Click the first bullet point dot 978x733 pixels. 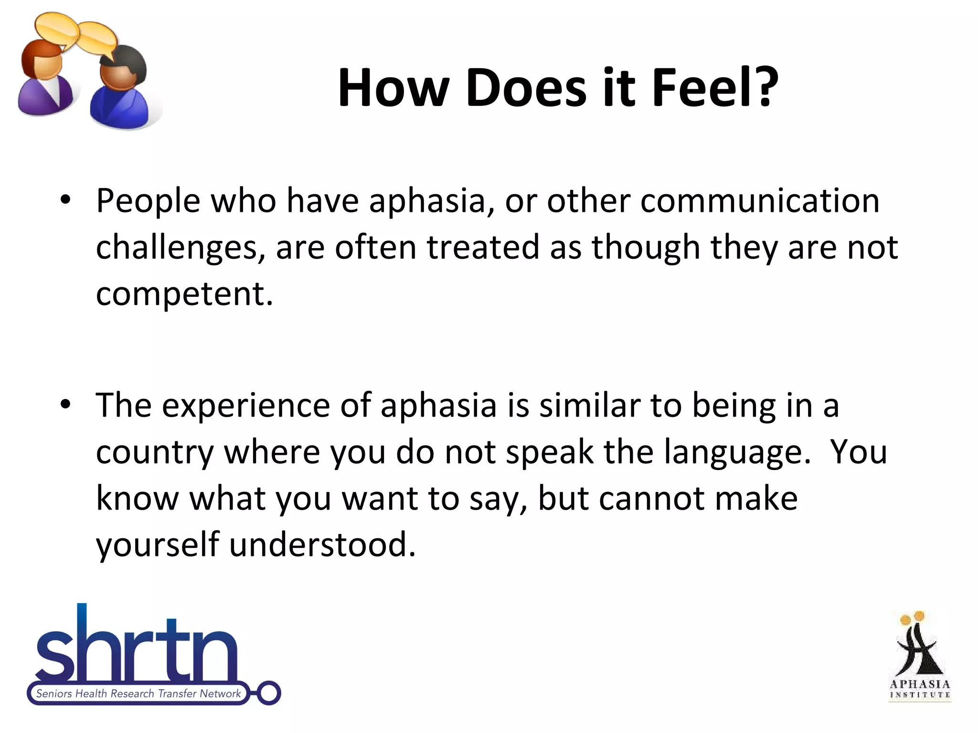(65, 200)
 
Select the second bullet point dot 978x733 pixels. (65, 405)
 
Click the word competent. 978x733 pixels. (184, 294)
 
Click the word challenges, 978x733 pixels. (181, 248)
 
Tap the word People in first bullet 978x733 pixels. (148, 201)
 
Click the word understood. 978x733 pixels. (322, 545)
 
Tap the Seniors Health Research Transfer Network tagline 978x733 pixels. (138, 693)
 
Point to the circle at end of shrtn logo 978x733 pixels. (269, 693)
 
